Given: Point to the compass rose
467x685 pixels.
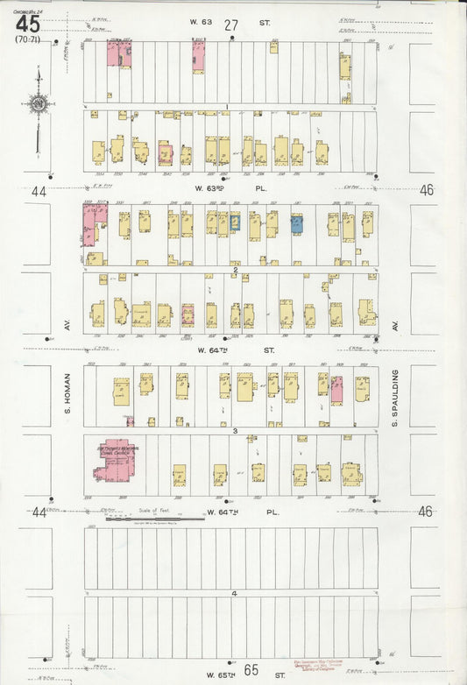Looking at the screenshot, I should (x=38, y=106).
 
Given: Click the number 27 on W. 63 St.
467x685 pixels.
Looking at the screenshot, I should (x=231, y=25).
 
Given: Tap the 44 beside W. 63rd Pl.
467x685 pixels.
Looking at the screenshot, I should (x=38, y=190).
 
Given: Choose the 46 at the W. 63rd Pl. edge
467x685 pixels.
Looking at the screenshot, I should (x=427, y=189).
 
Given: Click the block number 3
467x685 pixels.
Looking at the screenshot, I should (x=234, y=431).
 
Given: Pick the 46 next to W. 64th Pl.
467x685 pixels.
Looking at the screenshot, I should (x=426, y=512).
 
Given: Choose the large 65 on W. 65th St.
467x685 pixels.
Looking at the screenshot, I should (x=251, y=670).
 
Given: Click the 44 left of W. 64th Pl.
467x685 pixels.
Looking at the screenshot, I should (x=38, y=512).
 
